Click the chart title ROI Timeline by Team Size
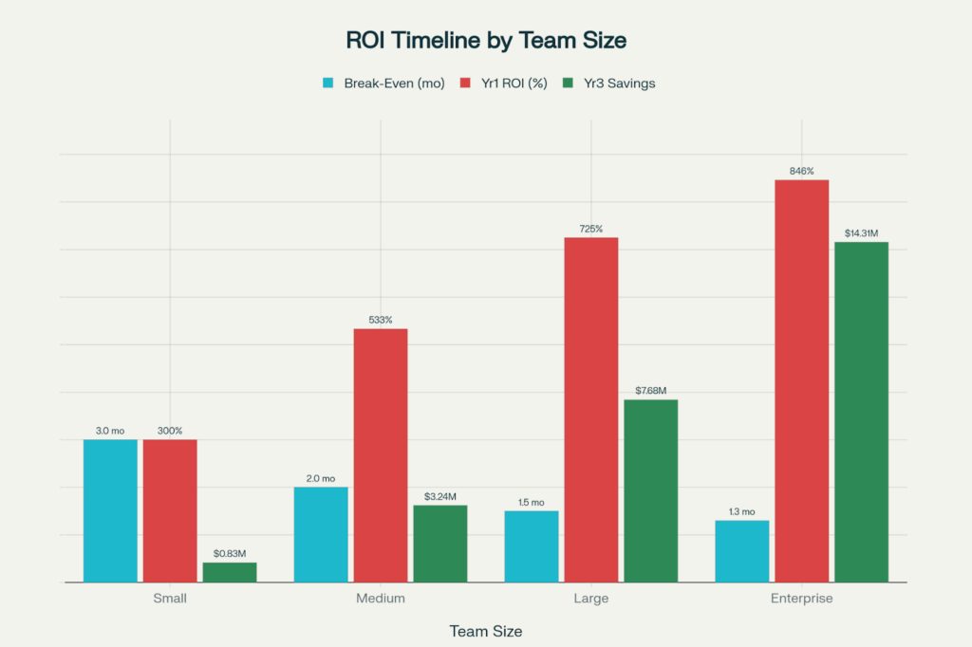tap(485, 41)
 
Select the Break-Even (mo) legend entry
tap(383, 83)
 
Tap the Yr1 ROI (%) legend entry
tap(507, 83)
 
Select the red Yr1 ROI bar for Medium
tap(381, 455)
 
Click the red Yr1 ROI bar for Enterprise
tap(802, 380)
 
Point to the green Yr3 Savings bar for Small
tap(230, 572)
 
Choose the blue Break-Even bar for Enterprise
tap(742, 551)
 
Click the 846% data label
tap(802, 171)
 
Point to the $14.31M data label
tap(861, 233)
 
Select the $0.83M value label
tap(230, 553)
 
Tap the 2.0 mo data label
tap(321, 478)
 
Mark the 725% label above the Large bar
tap(590, 229)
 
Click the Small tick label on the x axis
tap(170, 599)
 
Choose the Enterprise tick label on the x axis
tap(802, 599)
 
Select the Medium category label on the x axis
tap(381, 599)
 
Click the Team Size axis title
tap(485, 631)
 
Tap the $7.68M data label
tap(651, 391)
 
